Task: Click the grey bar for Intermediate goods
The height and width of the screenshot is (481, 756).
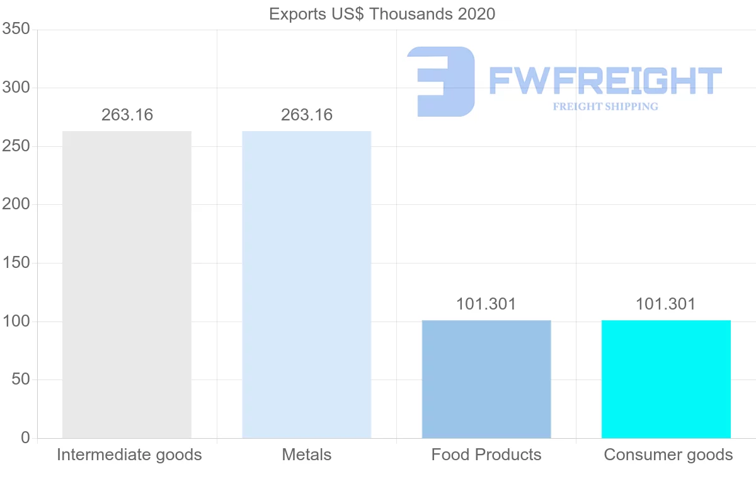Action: click(x=127, y=284)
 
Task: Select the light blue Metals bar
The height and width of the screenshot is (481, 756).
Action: click(x=307, y=284)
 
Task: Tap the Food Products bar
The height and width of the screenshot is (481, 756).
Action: click(x=486, y=379)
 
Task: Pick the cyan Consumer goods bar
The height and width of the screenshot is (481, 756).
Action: click(x=666, y=379)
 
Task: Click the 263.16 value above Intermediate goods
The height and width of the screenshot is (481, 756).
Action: click(x=127, y=115)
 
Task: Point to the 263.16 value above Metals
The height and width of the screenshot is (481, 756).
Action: click(x=307, y=115)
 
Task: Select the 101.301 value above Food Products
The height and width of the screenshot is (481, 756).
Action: click(x=486, y=304)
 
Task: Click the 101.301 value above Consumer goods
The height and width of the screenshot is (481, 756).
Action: click(x=666, y=304)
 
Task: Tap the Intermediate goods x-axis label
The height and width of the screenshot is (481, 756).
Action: click(x=129, y=455)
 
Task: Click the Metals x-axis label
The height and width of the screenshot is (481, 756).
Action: click(x=307, y=455)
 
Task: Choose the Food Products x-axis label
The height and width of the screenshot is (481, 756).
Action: click(x=486, y=455)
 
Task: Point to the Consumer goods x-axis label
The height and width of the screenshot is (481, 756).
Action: click(x=668, y=455)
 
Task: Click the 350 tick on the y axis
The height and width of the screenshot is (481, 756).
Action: click(x=16, y=29)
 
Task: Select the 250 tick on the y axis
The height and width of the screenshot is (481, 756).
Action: click(x=16, y=146)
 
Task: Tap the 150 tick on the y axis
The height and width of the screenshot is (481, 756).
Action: click(x=16, y=263)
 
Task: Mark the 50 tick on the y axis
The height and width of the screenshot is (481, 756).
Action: click(x=21, y=380)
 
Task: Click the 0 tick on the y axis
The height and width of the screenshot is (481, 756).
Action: click(x=25, y=438)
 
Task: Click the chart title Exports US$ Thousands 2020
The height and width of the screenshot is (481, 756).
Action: click(x=382, y=14)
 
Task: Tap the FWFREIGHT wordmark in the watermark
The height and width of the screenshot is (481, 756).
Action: click(x=605, y=81)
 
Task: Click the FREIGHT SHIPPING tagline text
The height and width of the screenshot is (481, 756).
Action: click(x=605, y=107)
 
